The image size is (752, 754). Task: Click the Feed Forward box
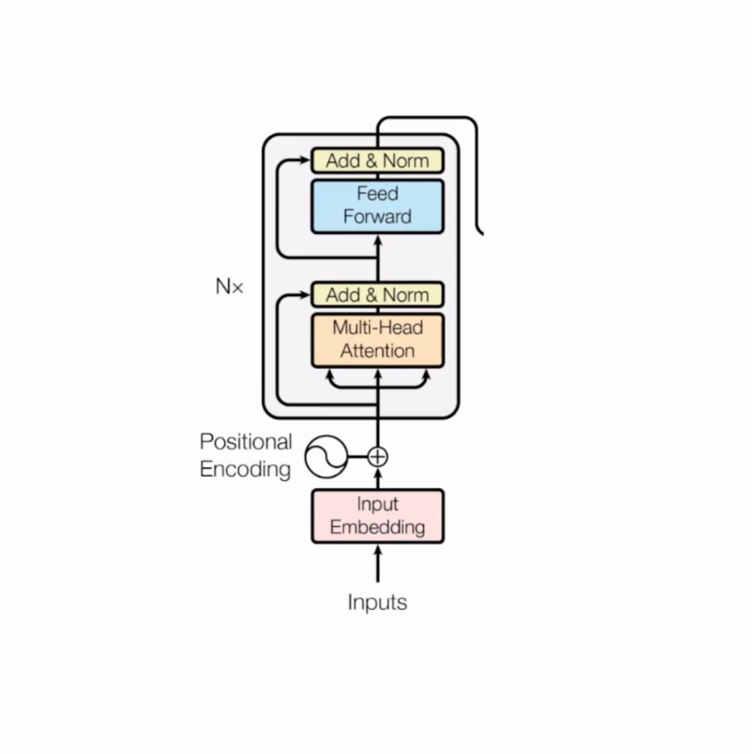[x=377, y=206]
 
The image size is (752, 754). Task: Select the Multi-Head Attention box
[x=377, y=340]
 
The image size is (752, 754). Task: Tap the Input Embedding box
[x=377, y=516]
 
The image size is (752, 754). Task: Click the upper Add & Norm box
[x=377, y=160]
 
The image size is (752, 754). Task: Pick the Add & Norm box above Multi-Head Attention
[x=377, y=294]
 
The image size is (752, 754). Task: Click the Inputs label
[x=377, y=603]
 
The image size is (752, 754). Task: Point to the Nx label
[x=229, y=287]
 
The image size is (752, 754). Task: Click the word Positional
[x=245, y=442]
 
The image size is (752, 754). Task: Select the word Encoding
[x=245, y=469]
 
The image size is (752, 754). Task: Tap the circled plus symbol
[x=377, y=456]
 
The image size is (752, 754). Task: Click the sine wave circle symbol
[x=326, y=456]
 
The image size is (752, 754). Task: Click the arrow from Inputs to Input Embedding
[x=377, y=564]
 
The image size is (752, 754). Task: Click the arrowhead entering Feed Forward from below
[x=377, y=240]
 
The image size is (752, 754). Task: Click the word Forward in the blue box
[x=377, y=218]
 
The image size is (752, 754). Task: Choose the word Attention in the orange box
[x=377, y=352]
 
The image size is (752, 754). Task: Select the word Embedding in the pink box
[x=377, y=527]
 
